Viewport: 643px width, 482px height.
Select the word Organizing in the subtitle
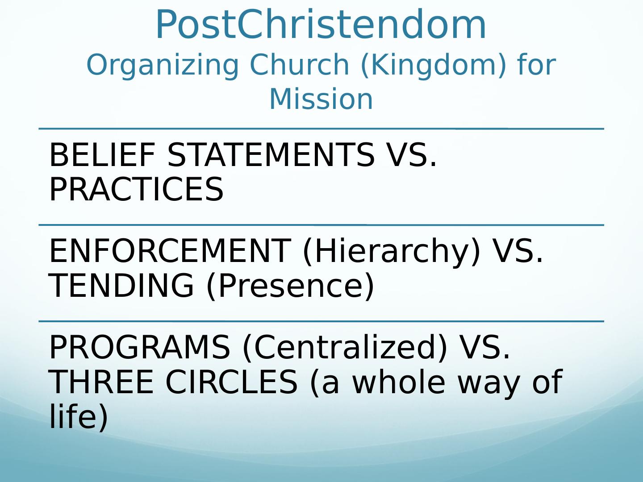tap(163, 66)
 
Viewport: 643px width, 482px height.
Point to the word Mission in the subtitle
tap(321, 99)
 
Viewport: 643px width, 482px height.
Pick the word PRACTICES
tap(136, 189)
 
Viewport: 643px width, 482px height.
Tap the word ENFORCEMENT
tap(170, 251)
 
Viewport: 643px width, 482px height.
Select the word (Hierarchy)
tap(392, 252)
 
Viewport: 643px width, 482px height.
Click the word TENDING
tap(121, 285)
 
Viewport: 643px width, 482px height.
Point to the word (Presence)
tap(290, 287)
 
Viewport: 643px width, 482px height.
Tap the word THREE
tap(101, 382)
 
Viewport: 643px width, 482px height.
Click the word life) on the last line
tap(79, 416)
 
